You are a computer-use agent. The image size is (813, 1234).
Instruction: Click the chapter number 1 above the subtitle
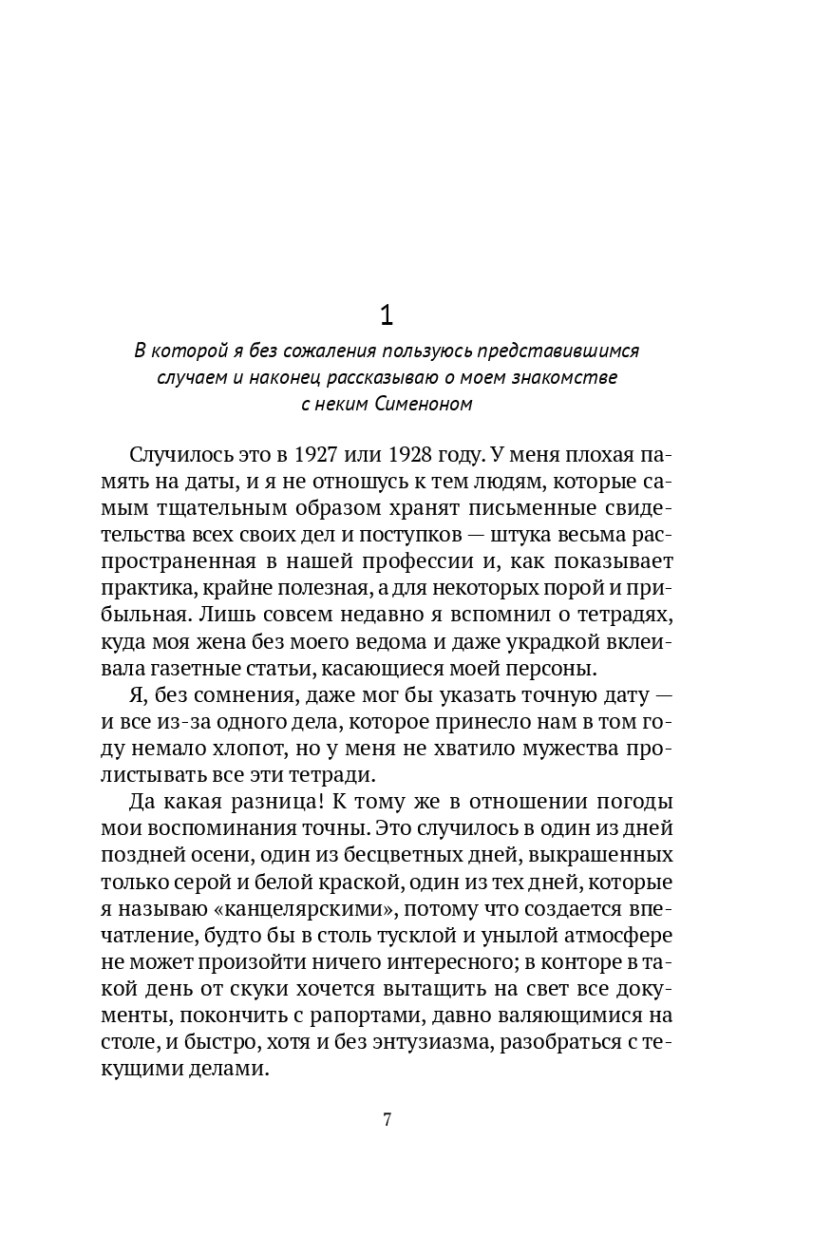point(387,313)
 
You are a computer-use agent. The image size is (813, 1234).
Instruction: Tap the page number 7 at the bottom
point(387,1118)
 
